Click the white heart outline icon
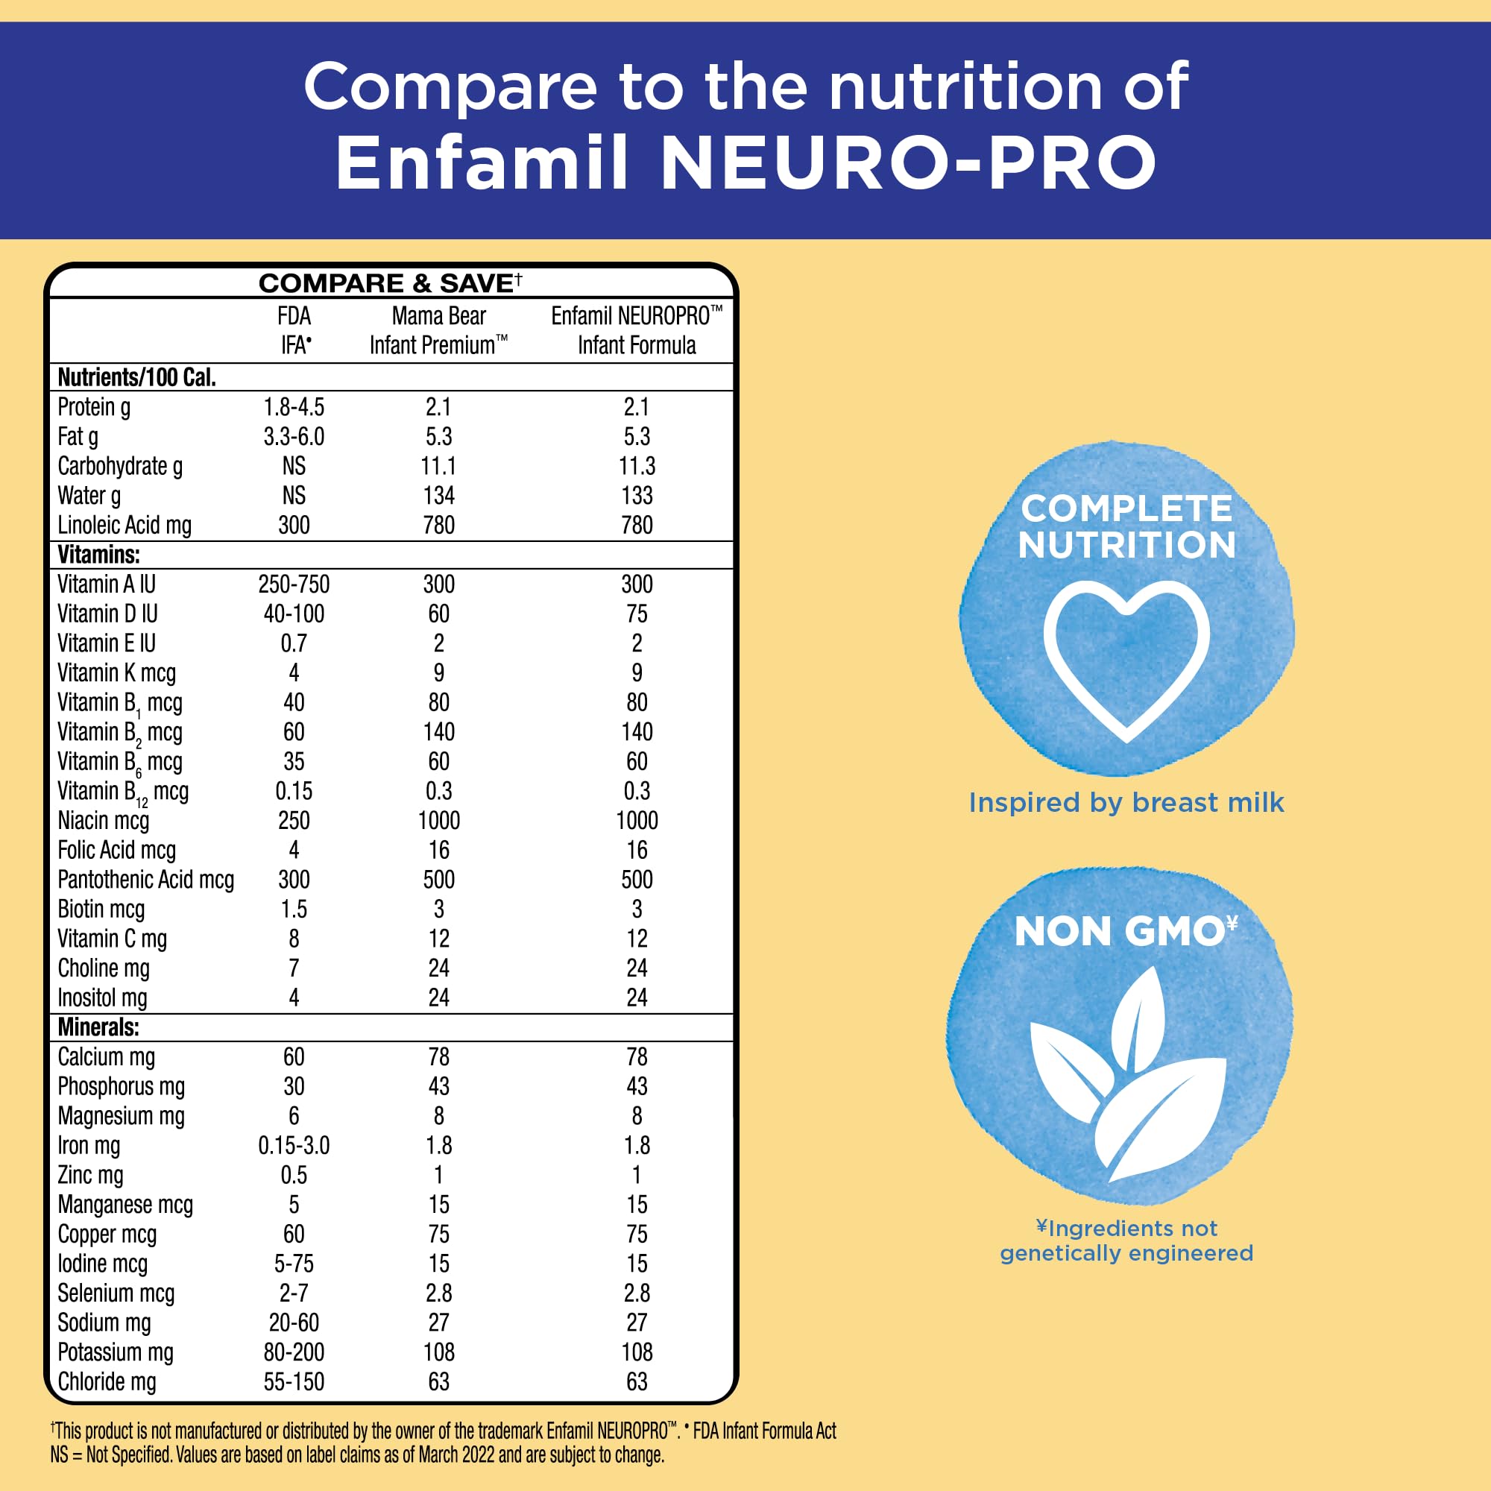click(1126, 660)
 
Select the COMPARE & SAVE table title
click(391, 283)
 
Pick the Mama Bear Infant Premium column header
click(438, 330)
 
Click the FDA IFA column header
click(294, 330)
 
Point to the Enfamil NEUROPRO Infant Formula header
click(637, 330)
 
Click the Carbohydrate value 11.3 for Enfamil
click(637, 466)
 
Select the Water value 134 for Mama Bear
click(438, 496)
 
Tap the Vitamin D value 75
click(637, 614)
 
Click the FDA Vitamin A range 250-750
click(294, 584)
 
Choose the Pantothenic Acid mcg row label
click(146, 880)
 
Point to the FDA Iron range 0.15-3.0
click(294, 1145)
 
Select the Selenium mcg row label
click(116, 1293)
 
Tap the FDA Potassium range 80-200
click(294, 1352)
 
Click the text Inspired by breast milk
click(1126, 803)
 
